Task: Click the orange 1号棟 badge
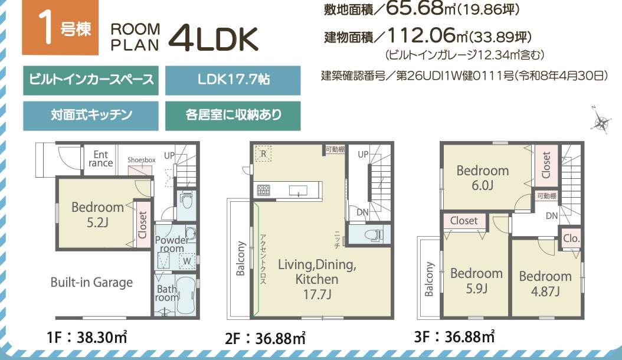pos(60,27)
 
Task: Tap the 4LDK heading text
pos(214,39)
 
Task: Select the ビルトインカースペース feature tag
pos(91,81)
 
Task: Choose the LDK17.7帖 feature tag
pos(233,81)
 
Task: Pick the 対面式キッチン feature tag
pos(91,116)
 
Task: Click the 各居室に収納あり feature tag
pos(233,116)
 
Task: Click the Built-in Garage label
pos(91,283)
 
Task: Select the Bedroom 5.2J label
pos(97,214)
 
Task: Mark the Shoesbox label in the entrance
pos(142,160)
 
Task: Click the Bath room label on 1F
pos(166,293)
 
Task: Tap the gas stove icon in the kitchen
pos(264,191)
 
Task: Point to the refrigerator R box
pos(263,154)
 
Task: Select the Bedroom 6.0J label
pos(482,178)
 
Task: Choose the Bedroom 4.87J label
pos(545,284)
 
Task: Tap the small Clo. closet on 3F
pos(571,238)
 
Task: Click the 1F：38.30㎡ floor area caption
pos(87,338)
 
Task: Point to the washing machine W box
pos(187,261)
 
